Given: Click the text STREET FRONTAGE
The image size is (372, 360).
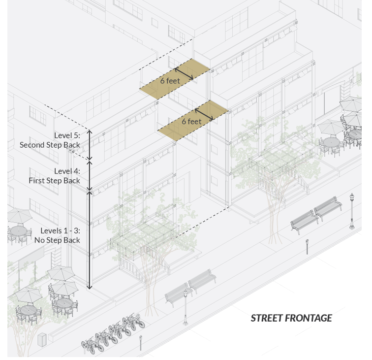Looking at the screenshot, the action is [291, 318].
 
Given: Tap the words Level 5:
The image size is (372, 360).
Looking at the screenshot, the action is [67, 136].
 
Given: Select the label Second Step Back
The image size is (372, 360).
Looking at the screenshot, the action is [50, 145].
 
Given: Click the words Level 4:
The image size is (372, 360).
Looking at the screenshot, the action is [67, 171].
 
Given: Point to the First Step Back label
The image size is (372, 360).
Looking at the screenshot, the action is [54, 180].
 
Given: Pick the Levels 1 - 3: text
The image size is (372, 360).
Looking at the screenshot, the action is [60, 230].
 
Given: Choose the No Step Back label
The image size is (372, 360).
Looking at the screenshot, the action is [57, 240].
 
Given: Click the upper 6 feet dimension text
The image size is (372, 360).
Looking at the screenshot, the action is [170, 81].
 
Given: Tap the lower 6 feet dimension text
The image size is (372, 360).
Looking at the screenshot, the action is [191, 121].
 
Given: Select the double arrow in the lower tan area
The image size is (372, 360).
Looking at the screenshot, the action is [204, 114].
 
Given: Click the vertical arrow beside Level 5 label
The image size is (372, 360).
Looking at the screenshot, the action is [90, 145].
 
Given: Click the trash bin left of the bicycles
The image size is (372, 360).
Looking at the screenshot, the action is [42, 339].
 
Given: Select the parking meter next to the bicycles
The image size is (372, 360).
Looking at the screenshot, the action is [140, 342].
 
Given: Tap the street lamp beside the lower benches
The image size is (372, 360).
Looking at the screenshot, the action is [186, 307].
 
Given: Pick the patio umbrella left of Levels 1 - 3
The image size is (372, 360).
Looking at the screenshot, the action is [19, 215].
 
